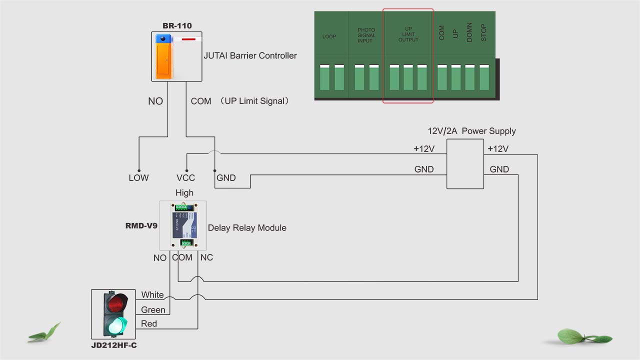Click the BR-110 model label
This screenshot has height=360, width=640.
(177, 26)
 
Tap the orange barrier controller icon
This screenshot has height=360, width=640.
(163, 56)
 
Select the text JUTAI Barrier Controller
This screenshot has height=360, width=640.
(250, 55)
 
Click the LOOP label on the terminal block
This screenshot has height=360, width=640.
(329, 37)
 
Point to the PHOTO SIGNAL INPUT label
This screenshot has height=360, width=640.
(366, 35)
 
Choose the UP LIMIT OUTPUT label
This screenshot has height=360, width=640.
(408, 34)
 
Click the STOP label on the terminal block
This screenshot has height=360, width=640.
(483, 33)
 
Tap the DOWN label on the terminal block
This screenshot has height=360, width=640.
(469, 33)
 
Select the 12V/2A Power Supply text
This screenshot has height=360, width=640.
(471, 131)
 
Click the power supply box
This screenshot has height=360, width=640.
(465, 164)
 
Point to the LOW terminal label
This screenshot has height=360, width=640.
(138, 178)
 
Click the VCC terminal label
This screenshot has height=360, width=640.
(185, 178)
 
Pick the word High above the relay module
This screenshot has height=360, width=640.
(184, 193)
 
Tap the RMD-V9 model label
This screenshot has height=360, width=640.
(141, 226)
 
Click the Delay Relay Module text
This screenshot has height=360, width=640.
(247, 228)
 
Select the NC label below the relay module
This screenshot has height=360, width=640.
(206, 257)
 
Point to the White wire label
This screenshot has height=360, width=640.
(152, 295)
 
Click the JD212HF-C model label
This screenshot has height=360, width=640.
(113, 345)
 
